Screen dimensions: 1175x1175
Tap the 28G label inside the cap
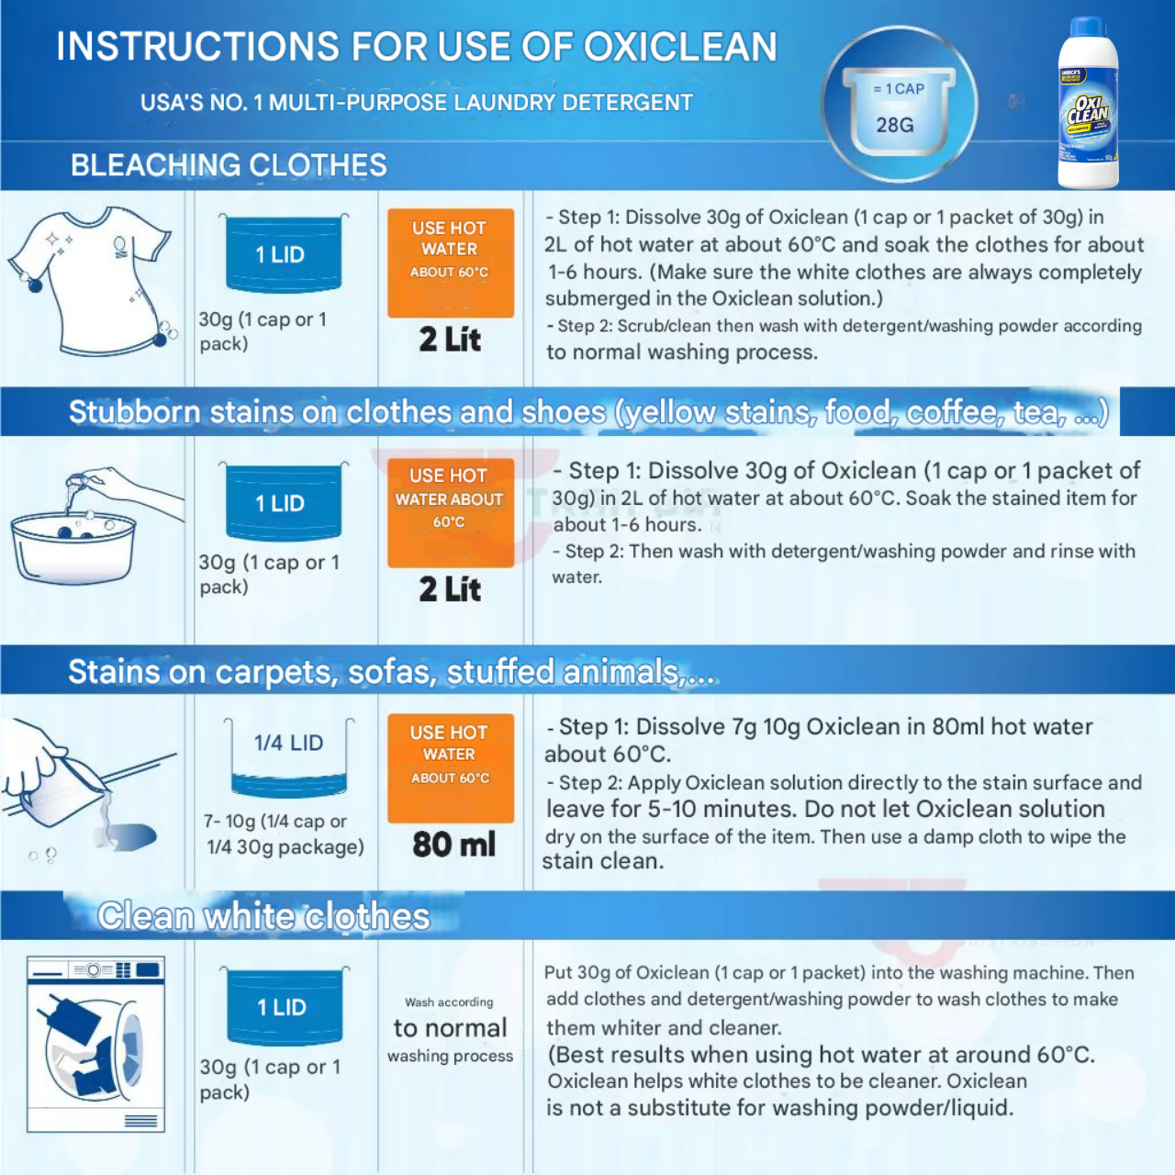[895, 125]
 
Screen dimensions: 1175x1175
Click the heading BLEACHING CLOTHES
[229, 165]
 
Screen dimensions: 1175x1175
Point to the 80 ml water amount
[453, 845]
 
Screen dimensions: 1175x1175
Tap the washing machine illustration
[95, 1044]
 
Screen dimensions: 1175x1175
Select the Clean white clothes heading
[263, 916]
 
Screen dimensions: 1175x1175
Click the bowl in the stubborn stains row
[73, 545]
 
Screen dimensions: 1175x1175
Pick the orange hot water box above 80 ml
[450, 767]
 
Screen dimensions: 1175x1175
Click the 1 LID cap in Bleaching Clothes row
[284, 254]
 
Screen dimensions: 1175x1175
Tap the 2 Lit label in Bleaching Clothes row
[450, 340]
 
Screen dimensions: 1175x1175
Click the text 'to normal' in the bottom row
[450, 1028]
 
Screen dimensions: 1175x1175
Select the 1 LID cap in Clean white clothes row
[284, 1007]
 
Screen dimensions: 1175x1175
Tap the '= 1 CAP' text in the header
[899, 89]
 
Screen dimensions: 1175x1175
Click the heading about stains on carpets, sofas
[391, 672]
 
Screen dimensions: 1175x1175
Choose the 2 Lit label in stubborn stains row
[450, 589]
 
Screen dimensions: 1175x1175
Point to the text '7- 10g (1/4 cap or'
[275, 822]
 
